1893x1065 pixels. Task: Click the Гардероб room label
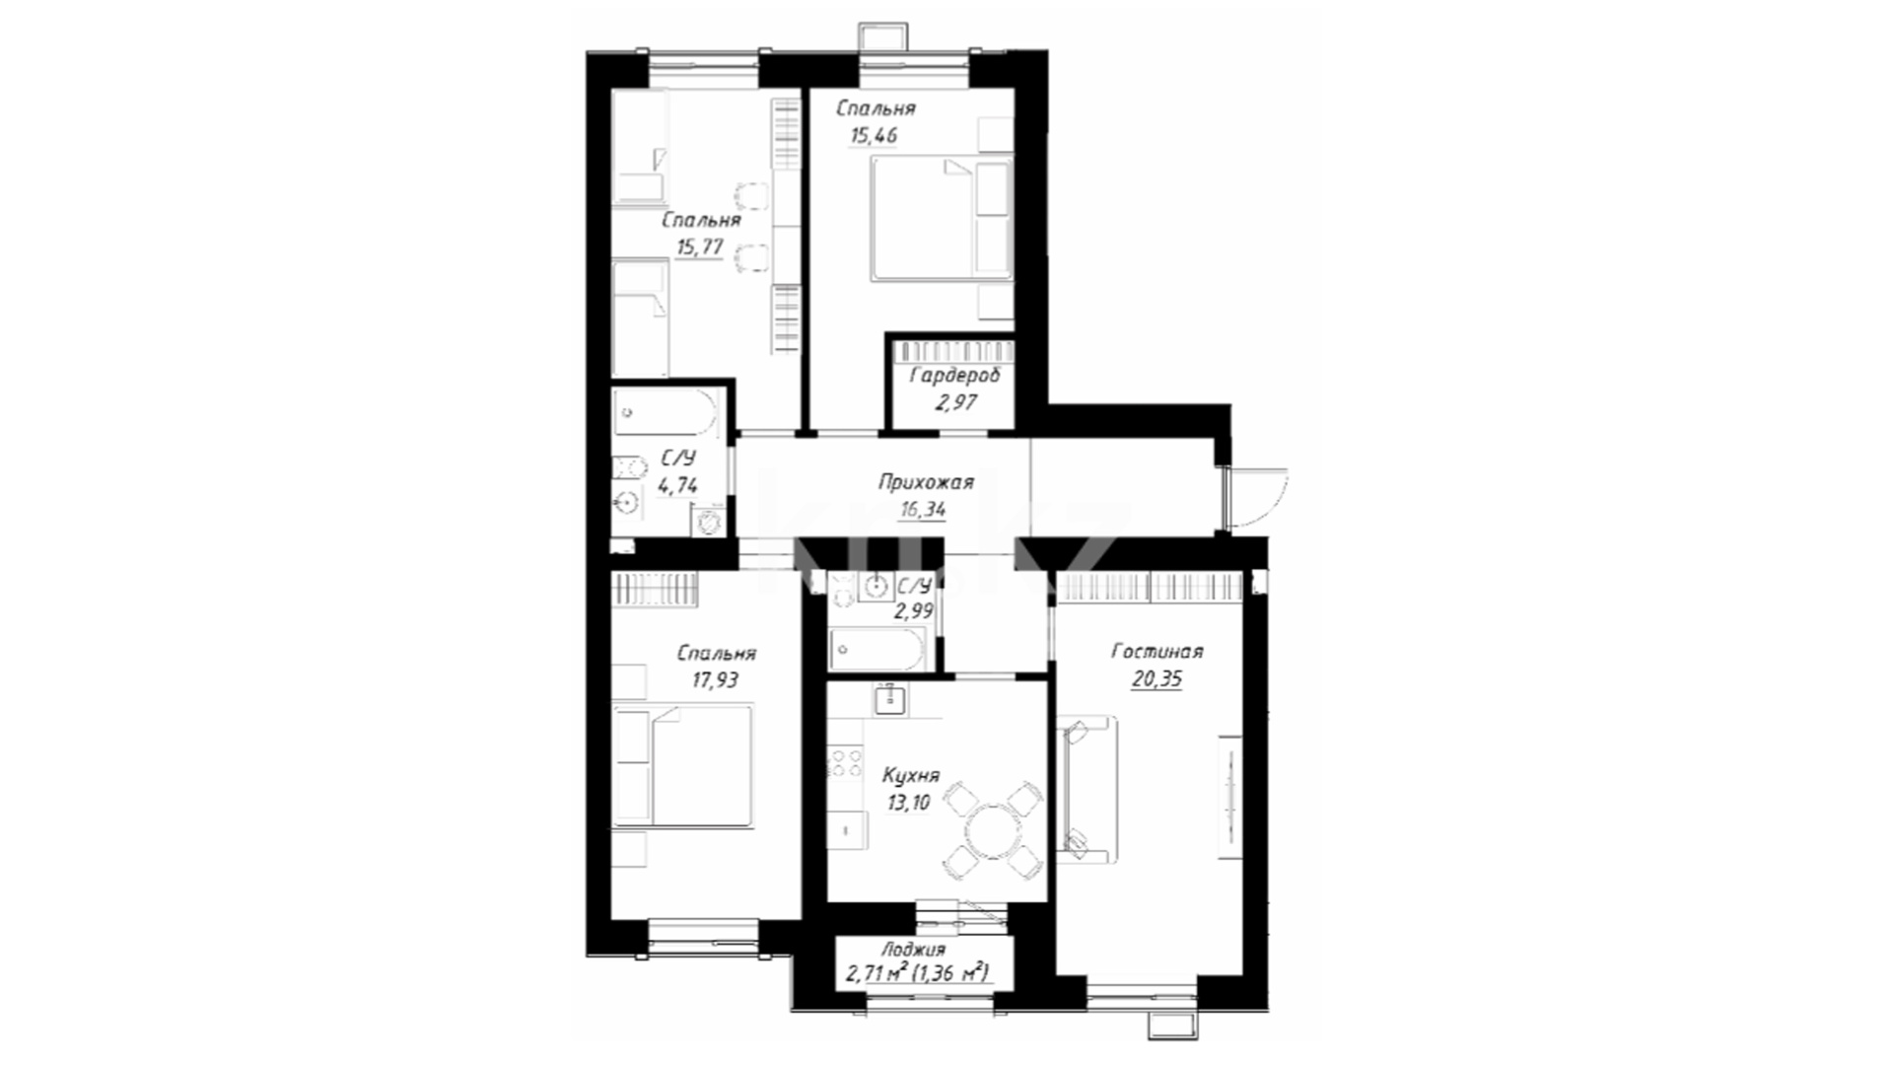(x=954, y=376)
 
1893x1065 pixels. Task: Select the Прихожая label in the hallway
(x=926, y=482)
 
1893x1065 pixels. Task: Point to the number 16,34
(x=922, y=509)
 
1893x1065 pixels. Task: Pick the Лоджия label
(x=913, y=950)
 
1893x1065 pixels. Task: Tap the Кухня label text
(x=910, y=775)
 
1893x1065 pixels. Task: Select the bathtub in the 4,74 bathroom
(x=666, y=411)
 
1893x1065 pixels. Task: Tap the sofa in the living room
(x=1087, y=790)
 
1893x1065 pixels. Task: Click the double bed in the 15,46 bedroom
(x=942, y=219)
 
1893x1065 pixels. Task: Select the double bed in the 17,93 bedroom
(x=681, y=765)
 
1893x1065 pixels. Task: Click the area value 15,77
(x=700, y=247)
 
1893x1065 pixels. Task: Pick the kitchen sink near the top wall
(x=890, y=698)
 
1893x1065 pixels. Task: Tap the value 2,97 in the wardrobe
(x=956, y=401)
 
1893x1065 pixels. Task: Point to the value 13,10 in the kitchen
(x=909, y=802)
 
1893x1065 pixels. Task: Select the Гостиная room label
(x=1157, y=652)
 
